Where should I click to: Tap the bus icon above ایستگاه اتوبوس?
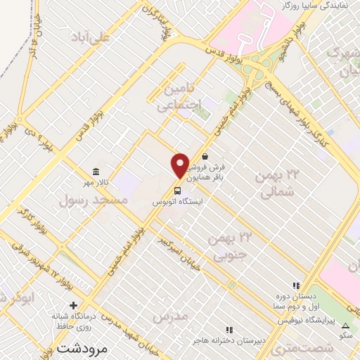pos(177,190)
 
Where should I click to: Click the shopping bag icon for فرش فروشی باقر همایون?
pos(205,157)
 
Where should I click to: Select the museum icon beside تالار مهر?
pos(96,172)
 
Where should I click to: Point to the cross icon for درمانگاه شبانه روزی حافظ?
pos(74,304)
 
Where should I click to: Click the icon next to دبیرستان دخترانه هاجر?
pos(228,329)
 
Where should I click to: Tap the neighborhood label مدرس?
pos(172,316)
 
